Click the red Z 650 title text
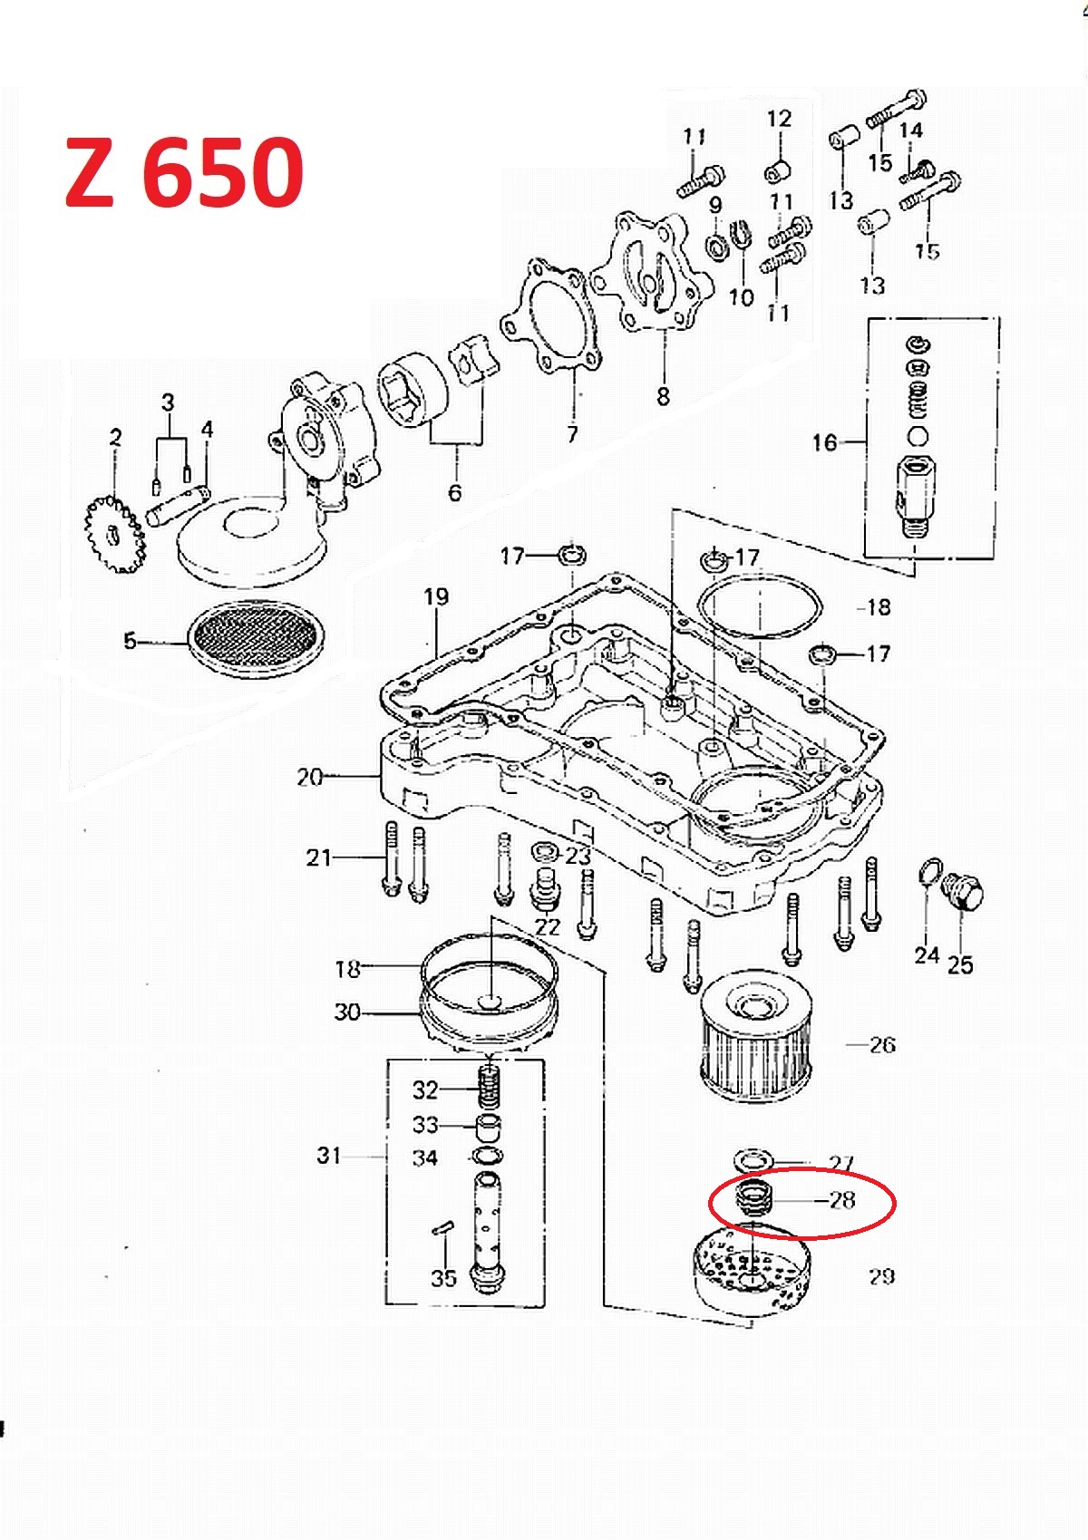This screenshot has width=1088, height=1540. (184, 172)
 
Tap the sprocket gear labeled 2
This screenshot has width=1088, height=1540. (114, 535)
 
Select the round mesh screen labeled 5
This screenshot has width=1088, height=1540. (253, 639)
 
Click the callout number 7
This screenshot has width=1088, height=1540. (572, 435)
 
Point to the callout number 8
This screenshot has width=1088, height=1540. (664, 396)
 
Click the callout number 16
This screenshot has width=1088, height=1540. (823, 442)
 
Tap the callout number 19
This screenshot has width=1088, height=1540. (436, 596)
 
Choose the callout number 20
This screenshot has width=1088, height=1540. (309, 777)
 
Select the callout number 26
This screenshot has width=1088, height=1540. (882, 1045)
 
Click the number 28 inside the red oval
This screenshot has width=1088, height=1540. (842, 1200)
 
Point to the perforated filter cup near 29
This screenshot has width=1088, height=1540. (750, 1269)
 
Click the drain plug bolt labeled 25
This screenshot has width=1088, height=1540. (964, 894)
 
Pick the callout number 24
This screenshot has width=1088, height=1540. (926, 954)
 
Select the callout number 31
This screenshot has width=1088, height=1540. (329, 1155)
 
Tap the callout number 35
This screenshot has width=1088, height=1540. (443, 1278)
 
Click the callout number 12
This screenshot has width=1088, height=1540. (779, 119)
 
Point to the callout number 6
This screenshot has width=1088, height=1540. (455, 492)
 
